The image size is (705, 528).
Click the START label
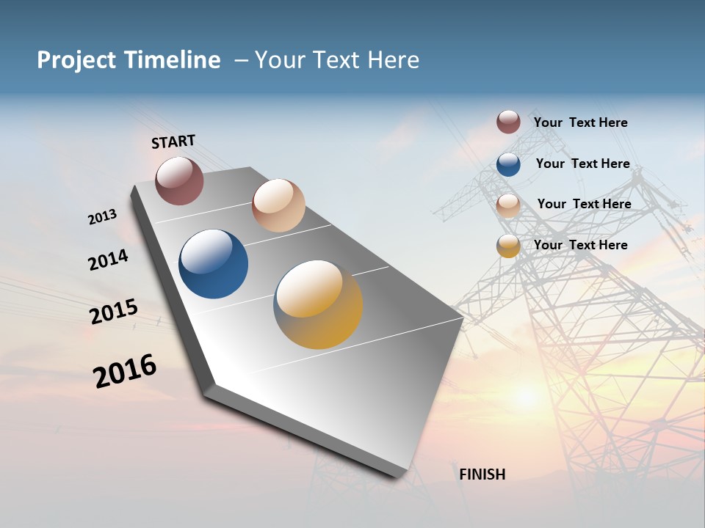point(173,142)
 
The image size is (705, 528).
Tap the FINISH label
point(482,474)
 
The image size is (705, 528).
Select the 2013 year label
point(102,217)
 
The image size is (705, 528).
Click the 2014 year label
point(108,260)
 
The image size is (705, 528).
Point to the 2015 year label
point(114,312)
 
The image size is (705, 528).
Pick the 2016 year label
point(125,371)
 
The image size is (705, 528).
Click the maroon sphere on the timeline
point(179,181)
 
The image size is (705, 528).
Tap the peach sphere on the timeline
point(278,205)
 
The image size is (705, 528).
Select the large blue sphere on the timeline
point(213,264)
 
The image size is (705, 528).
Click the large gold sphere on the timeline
point(318,304)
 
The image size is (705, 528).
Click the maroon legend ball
point(508,122)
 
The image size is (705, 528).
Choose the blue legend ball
point(508,164)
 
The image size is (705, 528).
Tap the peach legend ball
point(508,205)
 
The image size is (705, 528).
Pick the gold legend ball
point(508,246)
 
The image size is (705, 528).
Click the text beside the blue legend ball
point(582,164)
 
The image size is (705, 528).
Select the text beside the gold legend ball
point(580,245)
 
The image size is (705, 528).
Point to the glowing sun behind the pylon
point(526,396)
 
